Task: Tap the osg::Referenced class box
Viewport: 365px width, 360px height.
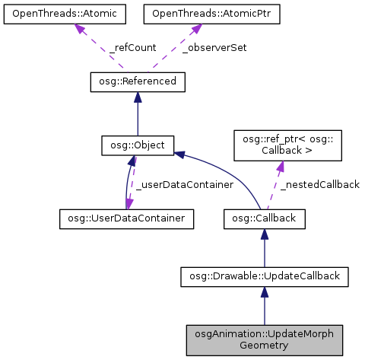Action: tap(138, 81)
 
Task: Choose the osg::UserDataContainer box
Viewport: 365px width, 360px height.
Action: tap(126, 218)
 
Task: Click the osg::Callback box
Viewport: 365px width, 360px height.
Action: tap(264, 218)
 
